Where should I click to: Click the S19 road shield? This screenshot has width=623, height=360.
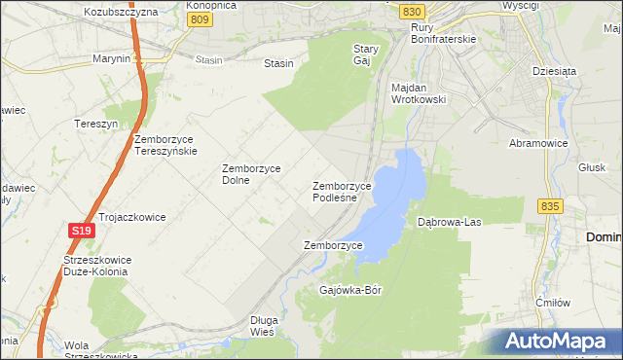tap(82, 231)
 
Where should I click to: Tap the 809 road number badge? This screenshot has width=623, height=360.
tap(201, 18)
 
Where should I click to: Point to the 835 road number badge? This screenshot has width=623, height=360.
tap(550, 206)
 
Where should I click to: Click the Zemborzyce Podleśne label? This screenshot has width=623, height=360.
tap(341, 192)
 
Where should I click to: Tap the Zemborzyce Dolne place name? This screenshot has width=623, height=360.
tap(251, 174)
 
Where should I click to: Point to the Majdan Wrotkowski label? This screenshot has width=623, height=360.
tap(418, 93)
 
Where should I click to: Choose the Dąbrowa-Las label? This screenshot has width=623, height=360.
tap(449, 222)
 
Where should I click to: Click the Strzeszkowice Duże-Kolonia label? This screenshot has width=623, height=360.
tap(95, 266)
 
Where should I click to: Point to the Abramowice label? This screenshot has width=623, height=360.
tap(538, 142)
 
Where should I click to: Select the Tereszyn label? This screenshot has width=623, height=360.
tap(95, 124)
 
